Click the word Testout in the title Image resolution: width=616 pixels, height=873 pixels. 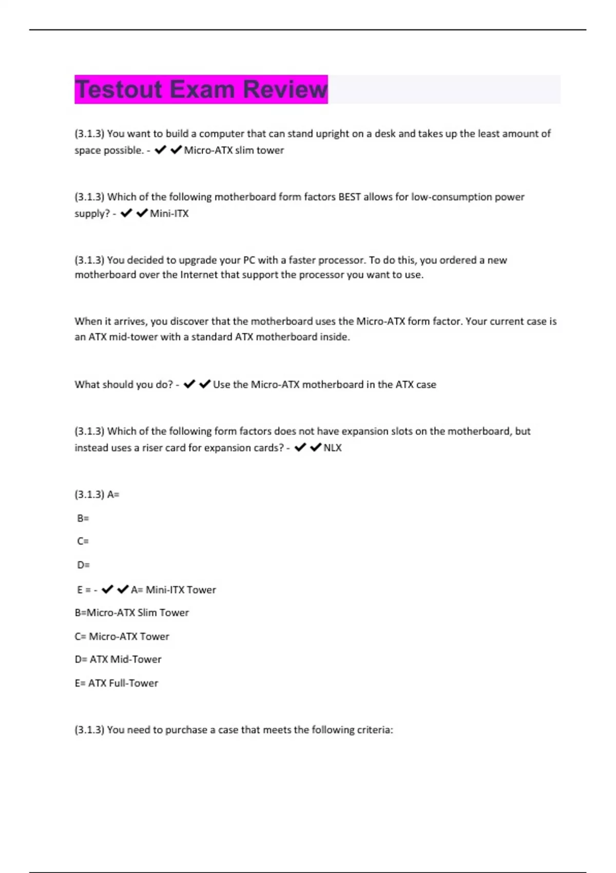119,89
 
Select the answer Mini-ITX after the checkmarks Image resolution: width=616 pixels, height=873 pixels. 169,214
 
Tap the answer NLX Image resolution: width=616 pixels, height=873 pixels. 333,448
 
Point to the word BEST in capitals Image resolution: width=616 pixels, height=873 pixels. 349,197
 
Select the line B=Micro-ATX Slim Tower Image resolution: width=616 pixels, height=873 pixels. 131,613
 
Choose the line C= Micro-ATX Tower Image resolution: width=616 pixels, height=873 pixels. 122,637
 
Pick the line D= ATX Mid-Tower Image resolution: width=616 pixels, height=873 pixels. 118,659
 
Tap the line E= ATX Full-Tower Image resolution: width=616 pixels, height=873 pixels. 117,684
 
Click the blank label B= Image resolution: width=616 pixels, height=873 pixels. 83,519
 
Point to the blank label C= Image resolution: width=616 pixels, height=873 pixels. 83,541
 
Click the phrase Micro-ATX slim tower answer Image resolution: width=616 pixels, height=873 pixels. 234,150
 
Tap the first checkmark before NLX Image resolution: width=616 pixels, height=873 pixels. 300,447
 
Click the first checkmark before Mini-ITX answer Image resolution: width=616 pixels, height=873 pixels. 126,213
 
